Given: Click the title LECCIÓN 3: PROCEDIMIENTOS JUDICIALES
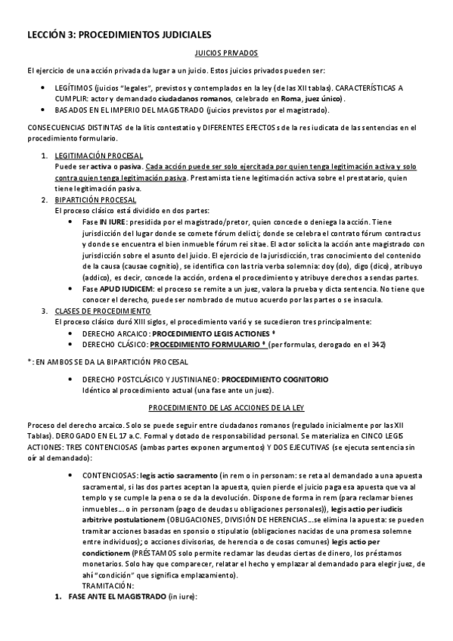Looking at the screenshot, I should click(119, 36).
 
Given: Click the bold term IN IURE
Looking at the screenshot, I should click(113, 222).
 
